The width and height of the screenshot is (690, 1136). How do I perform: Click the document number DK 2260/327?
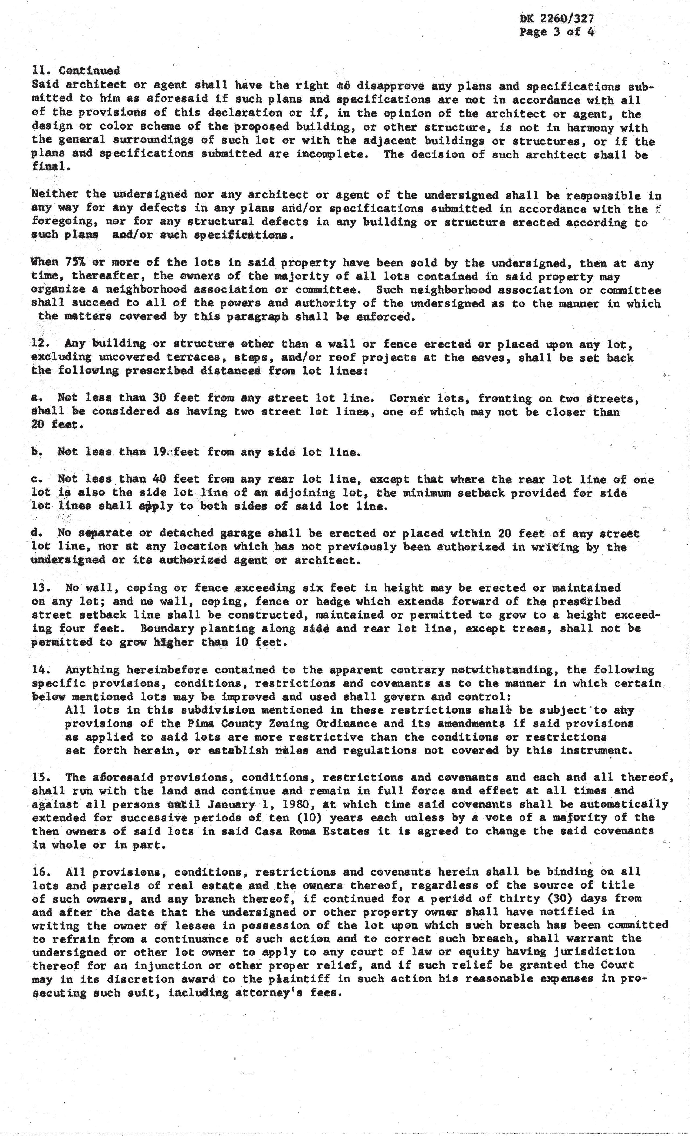tap(556, 18)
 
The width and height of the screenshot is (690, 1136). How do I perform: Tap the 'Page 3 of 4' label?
tap(556, 32)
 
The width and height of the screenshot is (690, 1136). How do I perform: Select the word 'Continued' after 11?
tap(90, 71)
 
